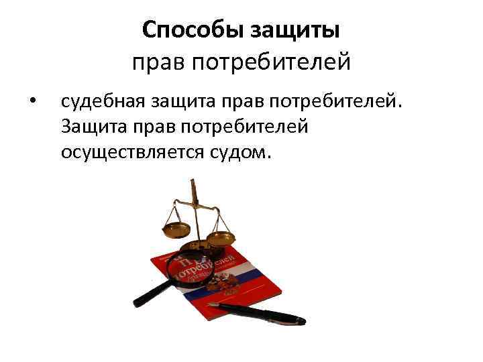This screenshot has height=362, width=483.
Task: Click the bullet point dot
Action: coord(32,102)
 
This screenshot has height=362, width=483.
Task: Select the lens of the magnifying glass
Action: coord(190,269)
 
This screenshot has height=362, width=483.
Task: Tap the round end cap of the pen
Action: coord(301,322)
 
